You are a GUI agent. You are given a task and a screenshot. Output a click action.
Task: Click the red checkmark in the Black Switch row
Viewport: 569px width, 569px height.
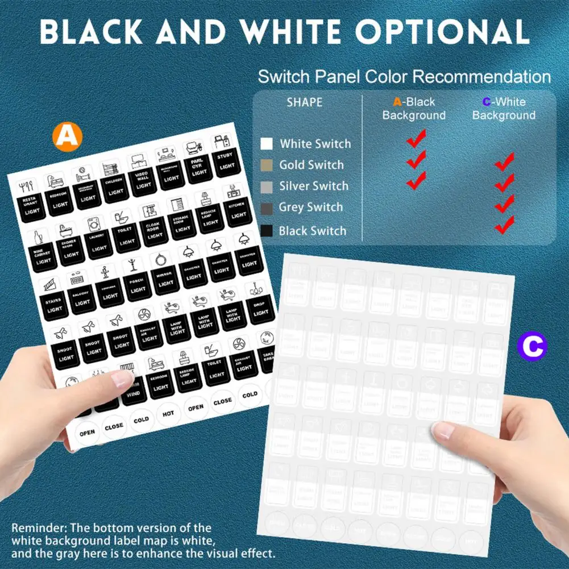tap(504, 226)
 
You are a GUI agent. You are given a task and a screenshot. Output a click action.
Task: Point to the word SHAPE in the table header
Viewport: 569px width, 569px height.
tap(304, 102)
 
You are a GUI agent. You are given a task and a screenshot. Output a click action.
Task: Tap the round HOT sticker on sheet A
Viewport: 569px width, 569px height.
tap(168, 413)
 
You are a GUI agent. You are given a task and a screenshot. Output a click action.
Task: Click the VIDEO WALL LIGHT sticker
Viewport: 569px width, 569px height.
tap(144, 179)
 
